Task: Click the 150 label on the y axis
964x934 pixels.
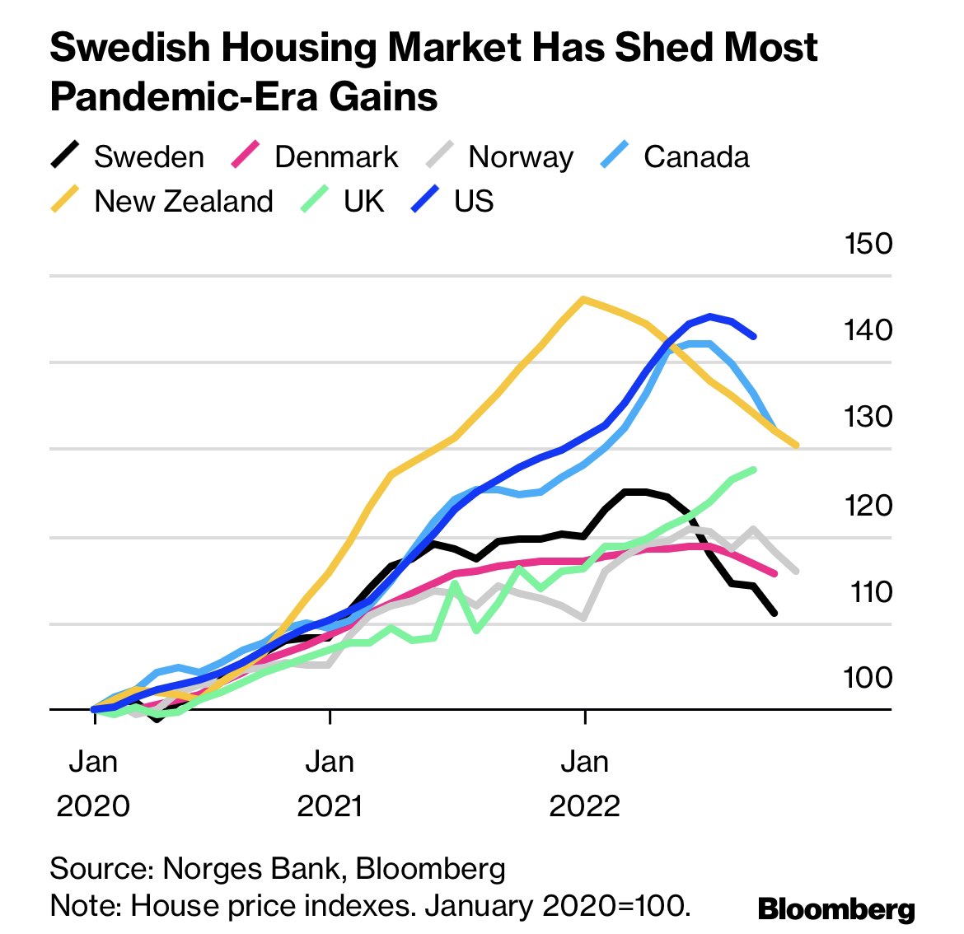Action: [x=867, y=244]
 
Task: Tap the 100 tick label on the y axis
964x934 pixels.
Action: [x=867, y=677]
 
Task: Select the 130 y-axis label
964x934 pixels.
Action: [x=867, y=417]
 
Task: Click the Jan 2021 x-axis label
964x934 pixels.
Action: [x=330, y=782]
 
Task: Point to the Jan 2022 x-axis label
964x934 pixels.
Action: [x=584, y=782]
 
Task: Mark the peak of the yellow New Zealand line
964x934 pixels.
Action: [x=583, y=299]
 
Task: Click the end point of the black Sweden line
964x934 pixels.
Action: [x=774, y=613]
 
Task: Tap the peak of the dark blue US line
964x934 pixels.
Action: [x=709, y=316]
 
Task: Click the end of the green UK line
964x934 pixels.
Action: [x=754, y=469]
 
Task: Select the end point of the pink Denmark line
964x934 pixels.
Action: [x=774, y=573]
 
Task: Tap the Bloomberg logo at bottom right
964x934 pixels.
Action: [x=835, y=909]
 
